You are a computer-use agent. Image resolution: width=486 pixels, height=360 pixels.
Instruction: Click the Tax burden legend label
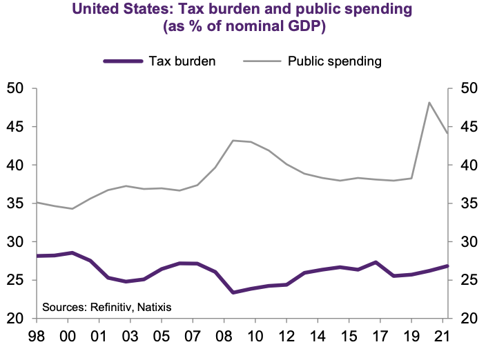click(x=182, y=61)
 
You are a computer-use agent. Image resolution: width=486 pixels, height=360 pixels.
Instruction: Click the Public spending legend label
click(x=334, y=61)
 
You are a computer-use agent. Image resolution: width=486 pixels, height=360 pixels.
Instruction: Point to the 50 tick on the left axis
click(x=14, y=88)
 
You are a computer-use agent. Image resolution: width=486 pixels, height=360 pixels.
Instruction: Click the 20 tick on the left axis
click(x=14, y=319)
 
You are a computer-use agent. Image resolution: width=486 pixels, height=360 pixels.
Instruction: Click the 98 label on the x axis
click(x=37, y=339)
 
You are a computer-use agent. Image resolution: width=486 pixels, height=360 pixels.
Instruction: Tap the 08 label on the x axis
click(x=224, y=339)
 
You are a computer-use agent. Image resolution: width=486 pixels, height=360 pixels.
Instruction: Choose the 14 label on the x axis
click(x=318, y=339)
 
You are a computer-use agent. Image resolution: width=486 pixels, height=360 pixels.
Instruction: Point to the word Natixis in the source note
click(x=154, y=306)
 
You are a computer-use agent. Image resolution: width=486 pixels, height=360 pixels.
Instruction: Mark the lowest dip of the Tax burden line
click(x=233, y=292)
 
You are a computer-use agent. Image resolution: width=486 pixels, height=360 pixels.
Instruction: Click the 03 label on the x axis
click(x=130, y=339)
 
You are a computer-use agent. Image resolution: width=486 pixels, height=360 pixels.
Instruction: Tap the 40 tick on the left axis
click(x=14, y=166)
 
